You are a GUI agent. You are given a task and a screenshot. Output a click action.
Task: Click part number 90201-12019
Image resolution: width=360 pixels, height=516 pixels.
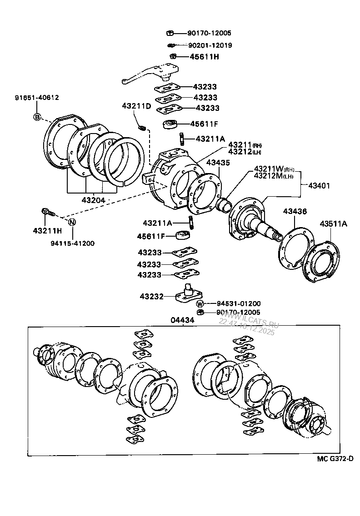210,45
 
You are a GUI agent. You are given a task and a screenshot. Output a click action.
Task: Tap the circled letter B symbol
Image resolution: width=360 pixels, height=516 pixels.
37,118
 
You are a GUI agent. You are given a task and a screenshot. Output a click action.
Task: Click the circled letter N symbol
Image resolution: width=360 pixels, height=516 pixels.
72,222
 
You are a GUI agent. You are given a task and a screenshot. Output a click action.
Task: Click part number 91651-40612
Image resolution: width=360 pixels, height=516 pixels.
37,97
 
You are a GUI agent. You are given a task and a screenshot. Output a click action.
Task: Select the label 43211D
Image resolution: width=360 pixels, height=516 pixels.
136,106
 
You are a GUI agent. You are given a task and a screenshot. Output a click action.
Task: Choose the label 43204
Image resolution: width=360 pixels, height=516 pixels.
93,200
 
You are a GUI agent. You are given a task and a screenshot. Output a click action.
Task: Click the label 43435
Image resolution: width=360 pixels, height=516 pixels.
218,162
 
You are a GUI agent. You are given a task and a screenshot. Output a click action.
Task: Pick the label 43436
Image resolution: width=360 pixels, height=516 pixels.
295,211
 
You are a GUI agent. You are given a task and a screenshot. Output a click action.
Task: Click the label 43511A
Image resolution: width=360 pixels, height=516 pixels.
333,223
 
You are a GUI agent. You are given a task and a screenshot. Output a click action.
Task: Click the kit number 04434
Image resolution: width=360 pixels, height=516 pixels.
182,320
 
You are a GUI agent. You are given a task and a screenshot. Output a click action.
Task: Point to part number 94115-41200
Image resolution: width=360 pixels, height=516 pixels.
73,243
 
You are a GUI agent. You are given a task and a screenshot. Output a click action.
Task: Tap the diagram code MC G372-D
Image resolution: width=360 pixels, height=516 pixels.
335,459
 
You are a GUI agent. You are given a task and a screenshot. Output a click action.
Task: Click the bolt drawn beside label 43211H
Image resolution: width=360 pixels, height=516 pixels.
47,212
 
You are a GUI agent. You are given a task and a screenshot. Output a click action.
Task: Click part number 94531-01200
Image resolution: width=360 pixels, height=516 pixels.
238,303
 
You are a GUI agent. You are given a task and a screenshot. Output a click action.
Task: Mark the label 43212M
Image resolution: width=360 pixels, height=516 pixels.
268,176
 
